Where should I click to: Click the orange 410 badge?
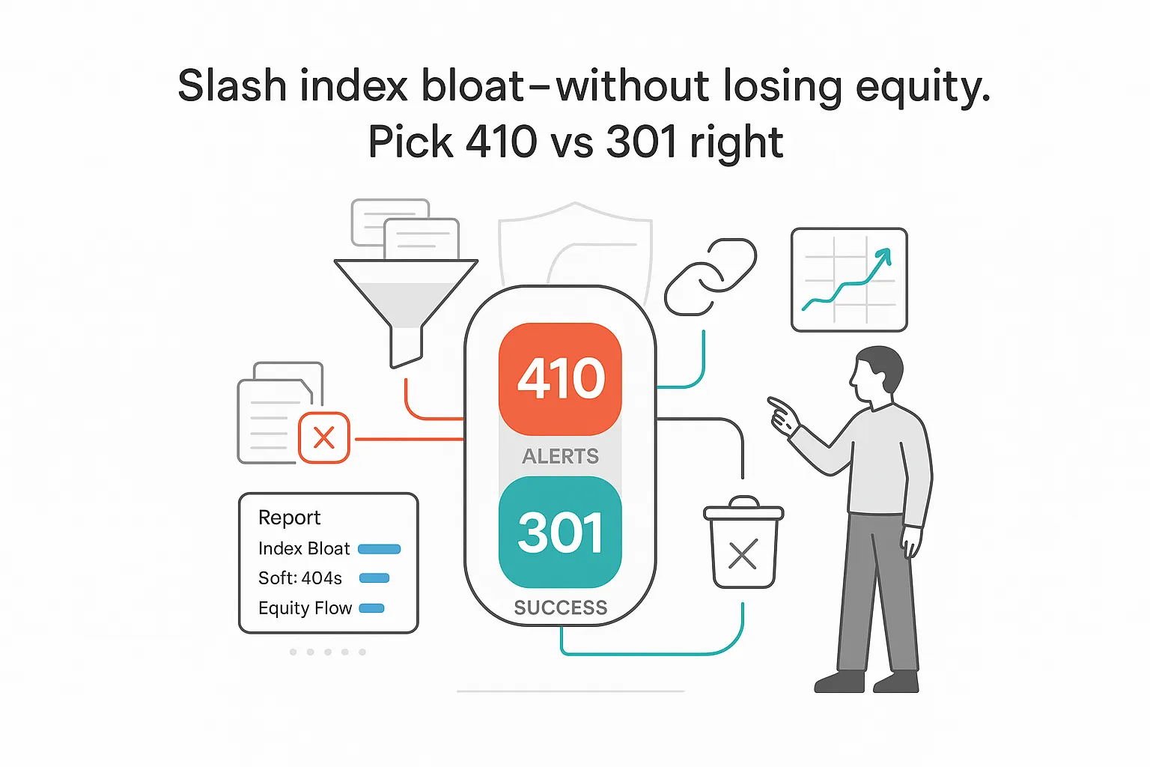point(560,378)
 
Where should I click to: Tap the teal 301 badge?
point(560,533)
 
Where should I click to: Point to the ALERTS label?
point(560,456)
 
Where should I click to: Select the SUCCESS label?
point(560,607)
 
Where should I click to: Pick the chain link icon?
point(710,276)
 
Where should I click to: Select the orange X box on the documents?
point(323,437)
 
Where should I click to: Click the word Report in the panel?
point(289,518)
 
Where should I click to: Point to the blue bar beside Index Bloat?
point(379,549)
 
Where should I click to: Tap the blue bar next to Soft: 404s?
point(374,578)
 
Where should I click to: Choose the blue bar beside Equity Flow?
point(371,608)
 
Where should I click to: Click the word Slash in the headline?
point(232,86)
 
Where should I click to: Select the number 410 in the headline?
point(501,142)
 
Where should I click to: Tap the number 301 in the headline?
point(641,142)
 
